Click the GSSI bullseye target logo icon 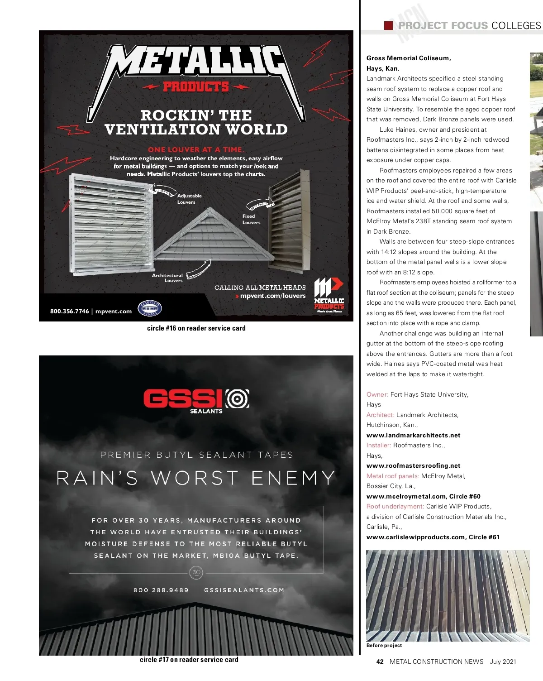pos(238,399)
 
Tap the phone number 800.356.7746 pos(70,311)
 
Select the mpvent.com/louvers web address pos(273,296)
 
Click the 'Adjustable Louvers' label pos(189,199)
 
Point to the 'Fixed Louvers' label pos(251,219)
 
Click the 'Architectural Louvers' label pos(167,278)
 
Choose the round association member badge pos(150,309)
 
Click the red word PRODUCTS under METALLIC pos(196,86)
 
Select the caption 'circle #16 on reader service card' pos(196,328)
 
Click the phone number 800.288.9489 pos(161,590)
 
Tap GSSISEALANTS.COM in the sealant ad pos(244,590)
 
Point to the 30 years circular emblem pos(196,572)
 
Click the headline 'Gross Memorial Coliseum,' pos(409,58)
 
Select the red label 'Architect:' pos(380,415)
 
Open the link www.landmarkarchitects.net pos(413,435)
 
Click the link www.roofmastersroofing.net pos(413,465)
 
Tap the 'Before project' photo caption pos(384,645)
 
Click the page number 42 pos(380,662)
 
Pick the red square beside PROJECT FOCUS pos(388,25)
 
